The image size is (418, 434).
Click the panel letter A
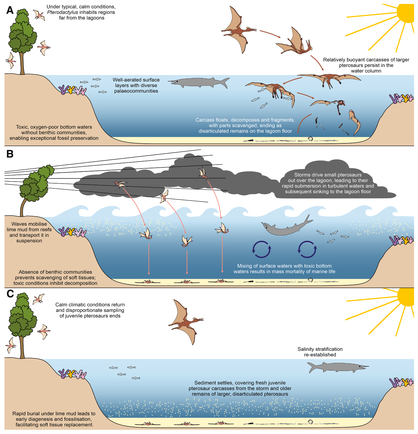(x=10, y=10)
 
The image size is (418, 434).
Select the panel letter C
(x=10, y=294)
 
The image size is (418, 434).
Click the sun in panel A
(x=406, y=13)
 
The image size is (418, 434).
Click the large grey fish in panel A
(x=198, y=82)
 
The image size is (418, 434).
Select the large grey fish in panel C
(x=337, y=367)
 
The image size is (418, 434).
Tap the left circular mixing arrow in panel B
(x=261, y=249)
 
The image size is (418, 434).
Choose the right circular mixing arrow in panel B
(x=307, y=249)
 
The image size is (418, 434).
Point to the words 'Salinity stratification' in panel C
(x=320, y=349)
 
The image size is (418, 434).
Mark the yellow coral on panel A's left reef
(x=71, y=90)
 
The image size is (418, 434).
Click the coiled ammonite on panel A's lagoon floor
(x=310, y=139)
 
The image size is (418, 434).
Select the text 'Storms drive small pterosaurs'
(x=328, y=175)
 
